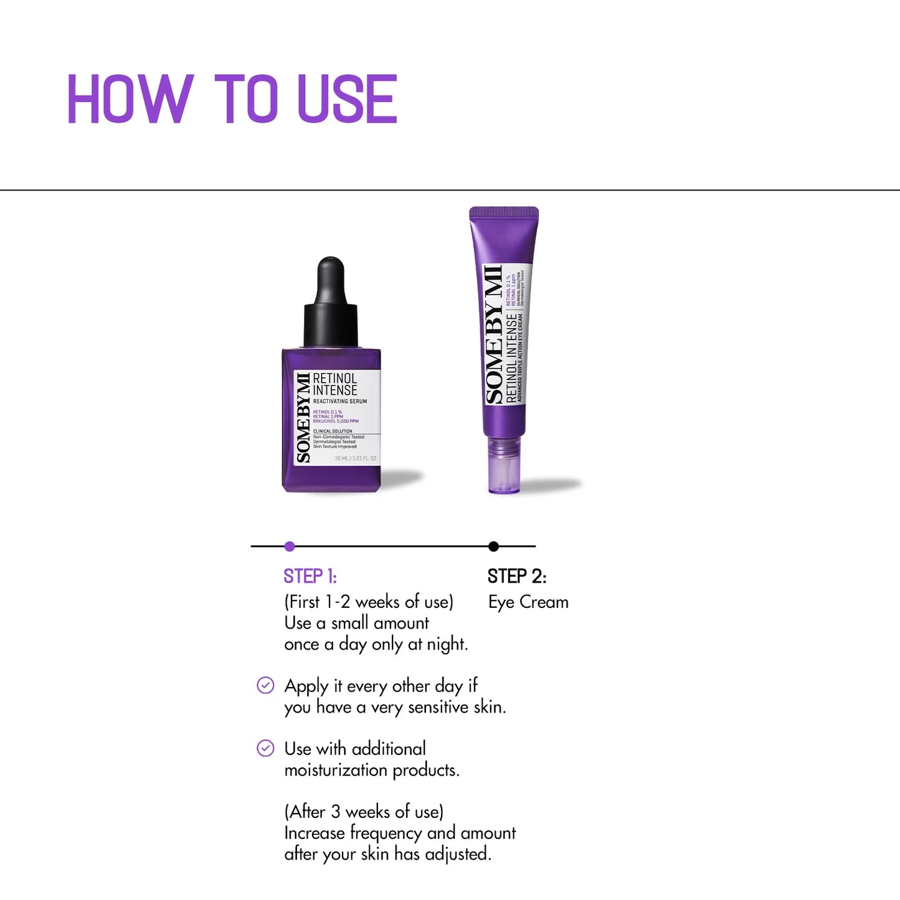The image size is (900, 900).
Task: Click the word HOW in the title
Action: pos(130,99)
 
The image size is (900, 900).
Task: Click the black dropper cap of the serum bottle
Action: pos(331,305)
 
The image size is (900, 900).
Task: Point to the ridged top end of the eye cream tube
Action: pos(504,213)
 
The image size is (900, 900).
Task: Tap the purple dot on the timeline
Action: pos(290,546)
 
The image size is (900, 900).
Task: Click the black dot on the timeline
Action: pos(494,546)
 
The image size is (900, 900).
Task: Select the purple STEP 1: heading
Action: pos(310,576)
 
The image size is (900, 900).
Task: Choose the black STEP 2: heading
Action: pos(517,576)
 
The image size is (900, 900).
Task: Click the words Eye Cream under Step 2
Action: pos(528,602)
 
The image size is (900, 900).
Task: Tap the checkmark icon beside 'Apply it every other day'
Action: pos(265,685)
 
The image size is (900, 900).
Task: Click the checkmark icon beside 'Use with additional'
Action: pos(265,748)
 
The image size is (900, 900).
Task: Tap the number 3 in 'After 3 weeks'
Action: pos(336,812)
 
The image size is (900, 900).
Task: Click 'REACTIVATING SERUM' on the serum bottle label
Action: pos(340,402)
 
